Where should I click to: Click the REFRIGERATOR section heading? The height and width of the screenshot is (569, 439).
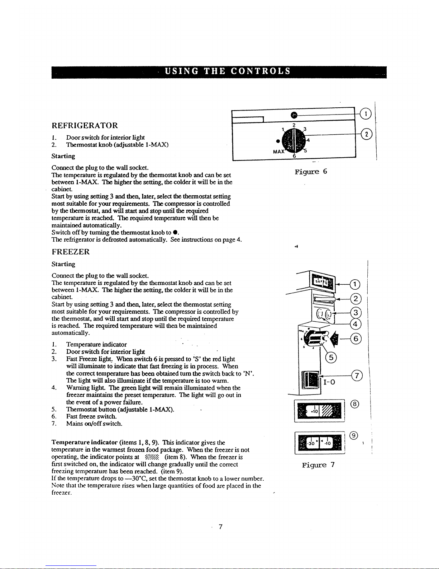pos(85,126)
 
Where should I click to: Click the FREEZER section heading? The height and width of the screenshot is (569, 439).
pos(71,252)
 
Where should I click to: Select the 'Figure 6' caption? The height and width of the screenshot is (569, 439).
pos(311,172)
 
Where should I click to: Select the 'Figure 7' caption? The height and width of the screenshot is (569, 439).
pos(318,465)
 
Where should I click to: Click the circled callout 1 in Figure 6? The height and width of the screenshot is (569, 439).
pos(366,114)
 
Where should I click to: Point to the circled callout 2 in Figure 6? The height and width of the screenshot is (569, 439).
pos(366,134)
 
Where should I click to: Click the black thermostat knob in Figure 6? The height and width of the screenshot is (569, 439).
pos(293,140)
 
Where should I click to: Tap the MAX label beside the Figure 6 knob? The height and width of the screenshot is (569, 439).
pos(279,152)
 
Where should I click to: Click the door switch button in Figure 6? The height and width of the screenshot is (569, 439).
pos(294,115)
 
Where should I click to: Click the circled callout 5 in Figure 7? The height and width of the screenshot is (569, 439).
pos(331,358)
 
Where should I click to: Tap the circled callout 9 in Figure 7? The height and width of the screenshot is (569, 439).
pos(354,436)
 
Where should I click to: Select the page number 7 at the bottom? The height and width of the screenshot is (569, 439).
pos(221,527)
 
